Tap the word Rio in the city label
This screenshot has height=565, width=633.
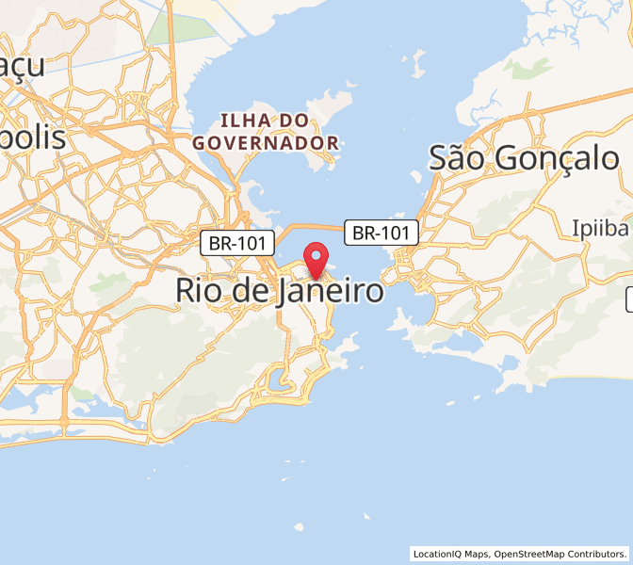pyautogui.click(x=199, y=291)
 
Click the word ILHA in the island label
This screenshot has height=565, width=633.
pyautogui.click(x=243, y=121)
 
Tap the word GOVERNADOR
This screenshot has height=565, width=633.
pyautogui.click(x=265, y=143)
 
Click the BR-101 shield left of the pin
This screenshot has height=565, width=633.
pyautogui.click(x=237, y=244)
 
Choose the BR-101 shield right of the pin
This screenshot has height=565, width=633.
pyautogui.click(x=381, y=233)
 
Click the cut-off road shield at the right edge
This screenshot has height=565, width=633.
pyautogui.click(x=629, y=300)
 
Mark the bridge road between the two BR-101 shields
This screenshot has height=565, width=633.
pyautogui.click(x=311, y=227)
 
